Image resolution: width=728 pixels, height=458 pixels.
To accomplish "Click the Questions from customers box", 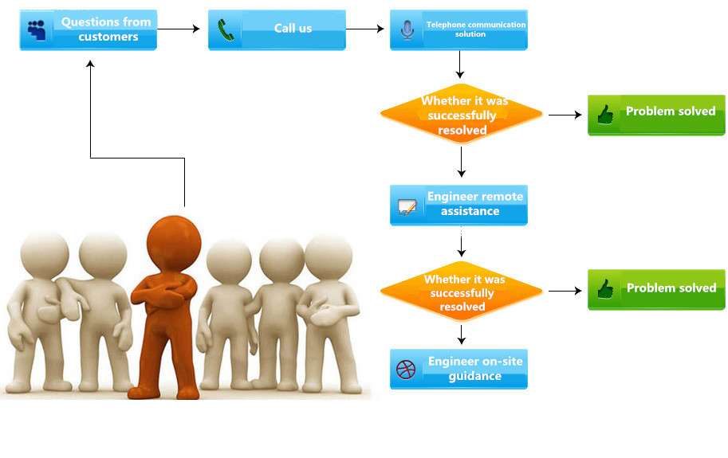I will click(x=89, y=30).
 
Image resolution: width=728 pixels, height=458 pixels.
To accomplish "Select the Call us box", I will click(x=277, y=29).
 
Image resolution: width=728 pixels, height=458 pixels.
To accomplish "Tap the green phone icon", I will click(x=226, y=30).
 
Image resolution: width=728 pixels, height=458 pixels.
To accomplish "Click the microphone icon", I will click(x=407, y=30).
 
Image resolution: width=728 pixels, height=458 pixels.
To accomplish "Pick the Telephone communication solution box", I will click(x=458, y=29).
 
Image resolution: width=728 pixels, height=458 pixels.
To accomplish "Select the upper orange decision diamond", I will click(x=462, y=115).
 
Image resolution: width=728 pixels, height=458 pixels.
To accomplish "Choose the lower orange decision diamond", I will click(x=462, y=292).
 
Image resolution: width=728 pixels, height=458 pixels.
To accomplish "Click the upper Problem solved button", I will click(x=656, y=115).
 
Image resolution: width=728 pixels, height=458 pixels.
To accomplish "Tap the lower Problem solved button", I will click(x=656, y=289).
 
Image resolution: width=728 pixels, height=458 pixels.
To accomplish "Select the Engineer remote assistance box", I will click(x=458, y=205).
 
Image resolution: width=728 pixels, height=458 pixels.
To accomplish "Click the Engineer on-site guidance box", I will click(x=458, y=369).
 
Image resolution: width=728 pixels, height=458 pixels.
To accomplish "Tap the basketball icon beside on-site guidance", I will click(x=407, y=370).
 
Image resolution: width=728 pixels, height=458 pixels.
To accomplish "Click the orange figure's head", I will click(x=174, y=240).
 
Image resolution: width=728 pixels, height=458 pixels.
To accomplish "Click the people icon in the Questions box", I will click(x=37, y=30).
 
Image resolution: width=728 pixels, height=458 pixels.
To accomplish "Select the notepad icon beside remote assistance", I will click(x=407, y=208).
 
